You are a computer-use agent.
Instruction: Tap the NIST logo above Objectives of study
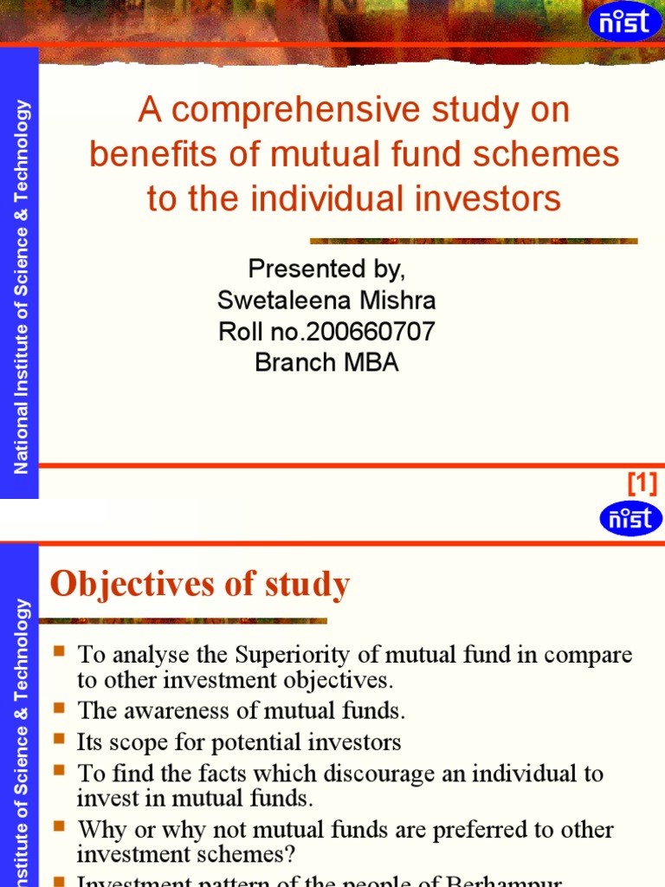coord(630,519)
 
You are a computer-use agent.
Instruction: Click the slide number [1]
coord(642,482)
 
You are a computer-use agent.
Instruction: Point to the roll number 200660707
coord(365,332)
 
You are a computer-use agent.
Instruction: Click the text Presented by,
coord(326,269)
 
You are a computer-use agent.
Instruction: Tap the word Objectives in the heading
coord(128,585)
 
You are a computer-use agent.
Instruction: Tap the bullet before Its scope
coord(59,741)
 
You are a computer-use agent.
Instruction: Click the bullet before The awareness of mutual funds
coord(59,710)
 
